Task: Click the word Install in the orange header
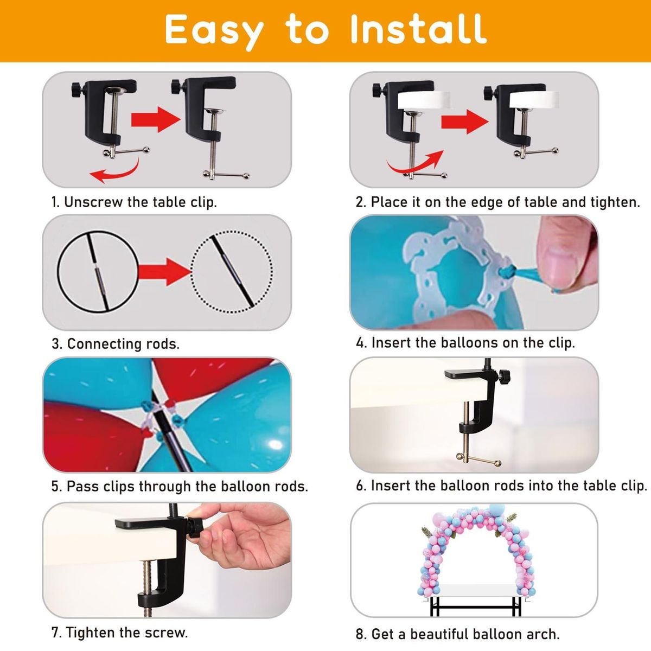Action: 418,29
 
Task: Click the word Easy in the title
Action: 214,33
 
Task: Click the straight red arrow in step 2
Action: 465,121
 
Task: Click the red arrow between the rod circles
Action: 165,271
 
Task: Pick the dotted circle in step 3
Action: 232,272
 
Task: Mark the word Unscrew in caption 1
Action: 93,202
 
